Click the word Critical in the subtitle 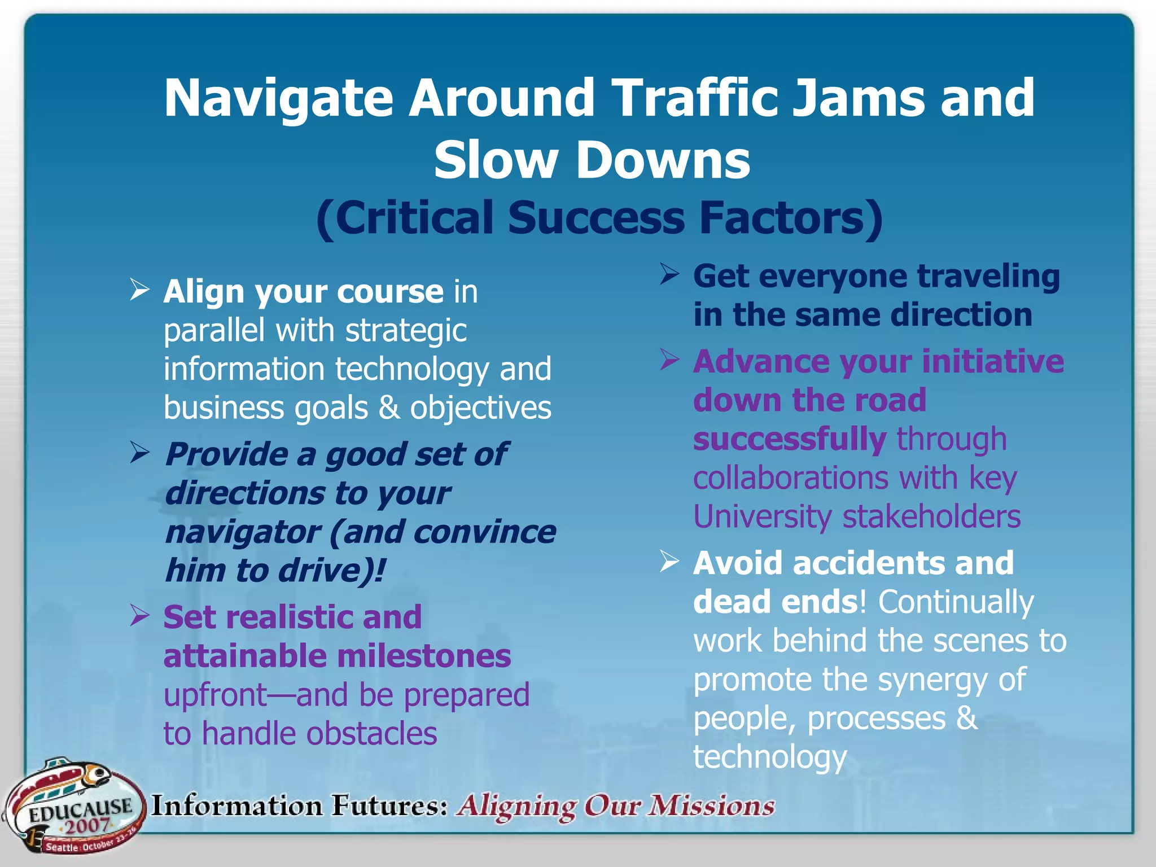click(405, 218)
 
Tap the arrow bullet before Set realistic click(139, 615)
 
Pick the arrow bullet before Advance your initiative click(669, 360)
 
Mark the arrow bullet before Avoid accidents click(669, 561)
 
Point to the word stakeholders click(931, 516)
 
